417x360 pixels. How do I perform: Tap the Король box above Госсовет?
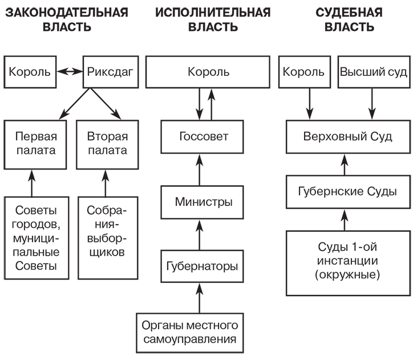click(x=208, y=72)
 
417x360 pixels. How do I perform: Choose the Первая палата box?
click(x=32, y=144)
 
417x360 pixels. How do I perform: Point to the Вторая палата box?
click(x=108, y=144)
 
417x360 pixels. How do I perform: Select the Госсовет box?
click(x=204, y=137)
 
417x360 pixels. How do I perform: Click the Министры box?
click(x=204, y=202)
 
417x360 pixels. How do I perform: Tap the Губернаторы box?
click(x=204, y=266)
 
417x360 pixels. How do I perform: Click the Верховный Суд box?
click(x=347, y=137)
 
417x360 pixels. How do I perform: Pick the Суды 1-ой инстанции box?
click(x=347, y=262)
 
